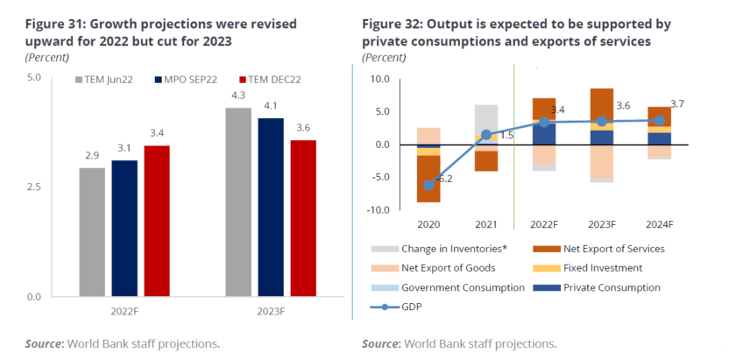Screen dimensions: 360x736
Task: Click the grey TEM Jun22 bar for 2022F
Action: tap(92, 232)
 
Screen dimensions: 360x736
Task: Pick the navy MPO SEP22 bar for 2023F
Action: tap(272, 207)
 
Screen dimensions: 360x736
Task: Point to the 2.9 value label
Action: tap(92, 155)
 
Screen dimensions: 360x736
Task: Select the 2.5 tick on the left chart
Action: tap(34, 187)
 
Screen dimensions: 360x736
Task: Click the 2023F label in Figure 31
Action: tap(272, 311)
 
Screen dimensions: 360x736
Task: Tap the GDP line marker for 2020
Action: tap(428, 185)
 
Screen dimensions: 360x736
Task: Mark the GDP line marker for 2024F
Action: tap(659, 120)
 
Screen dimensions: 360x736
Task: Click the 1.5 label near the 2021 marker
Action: tap(506, 136)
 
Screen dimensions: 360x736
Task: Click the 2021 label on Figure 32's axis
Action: tap(486, 223)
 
